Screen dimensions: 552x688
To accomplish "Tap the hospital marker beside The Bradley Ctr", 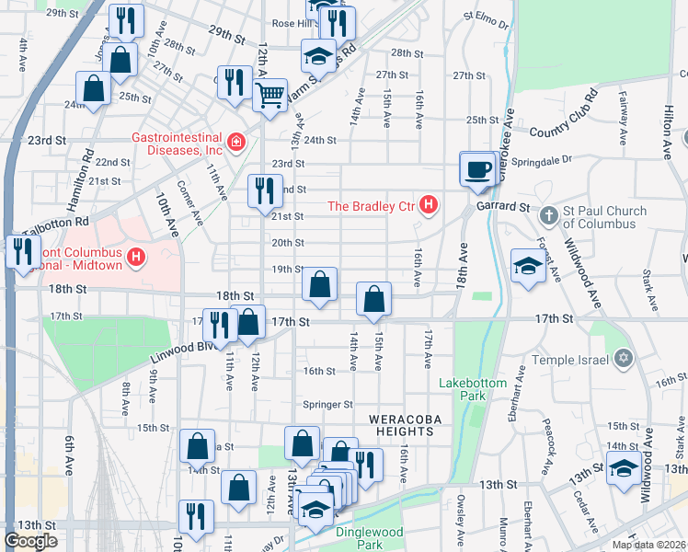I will tap(428, 204).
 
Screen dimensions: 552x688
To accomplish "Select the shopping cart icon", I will tap(269, 94).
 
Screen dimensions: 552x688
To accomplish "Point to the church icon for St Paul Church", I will tap(548, 214).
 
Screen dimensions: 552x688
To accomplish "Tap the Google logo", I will tap(31, 541).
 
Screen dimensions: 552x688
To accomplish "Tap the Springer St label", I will tap(328, 404).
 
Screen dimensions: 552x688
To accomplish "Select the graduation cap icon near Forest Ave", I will tap(528, 266).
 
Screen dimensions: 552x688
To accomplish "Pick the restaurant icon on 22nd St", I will tap(264, 191).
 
